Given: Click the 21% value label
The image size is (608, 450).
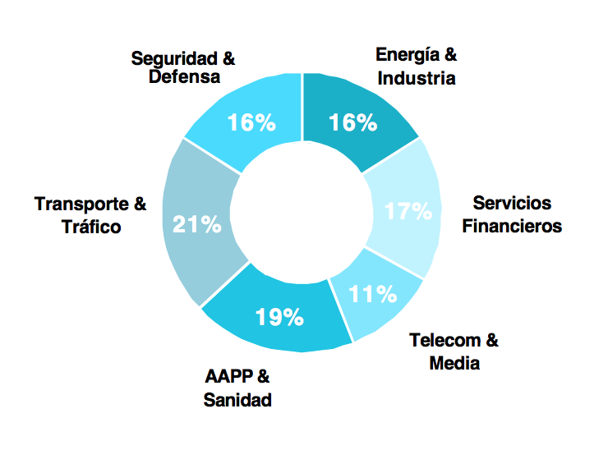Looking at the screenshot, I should [196, 223].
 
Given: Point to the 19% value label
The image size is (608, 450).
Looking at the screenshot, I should [279, 317].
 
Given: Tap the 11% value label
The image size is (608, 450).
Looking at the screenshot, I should [373, 293].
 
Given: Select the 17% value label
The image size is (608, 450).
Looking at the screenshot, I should [408, 211].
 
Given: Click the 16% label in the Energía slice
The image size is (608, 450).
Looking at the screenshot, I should [352, 123].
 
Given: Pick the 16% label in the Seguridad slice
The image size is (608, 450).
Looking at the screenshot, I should [251, 123].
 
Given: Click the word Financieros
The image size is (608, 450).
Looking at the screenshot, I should [512, 225].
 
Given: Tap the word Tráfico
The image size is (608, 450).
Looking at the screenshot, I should [91, 226].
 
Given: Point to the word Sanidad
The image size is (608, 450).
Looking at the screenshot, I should [237, 400].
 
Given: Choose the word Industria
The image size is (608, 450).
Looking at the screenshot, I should [416, 78].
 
